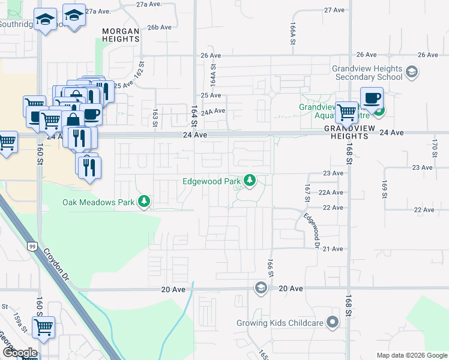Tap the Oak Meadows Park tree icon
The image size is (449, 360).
[144, 202]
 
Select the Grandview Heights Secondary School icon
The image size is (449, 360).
[411, 73]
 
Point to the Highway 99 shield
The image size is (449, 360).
[31, 245]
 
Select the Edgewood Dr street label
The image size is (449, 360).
[310, 230]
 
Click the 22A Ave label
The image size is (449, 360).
[330, 193]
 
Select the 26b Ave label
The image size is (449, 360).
[160, 27]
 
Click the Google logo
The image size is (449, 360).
[19, 353]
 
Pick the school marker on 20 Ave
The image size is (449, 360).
[261, 289]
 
